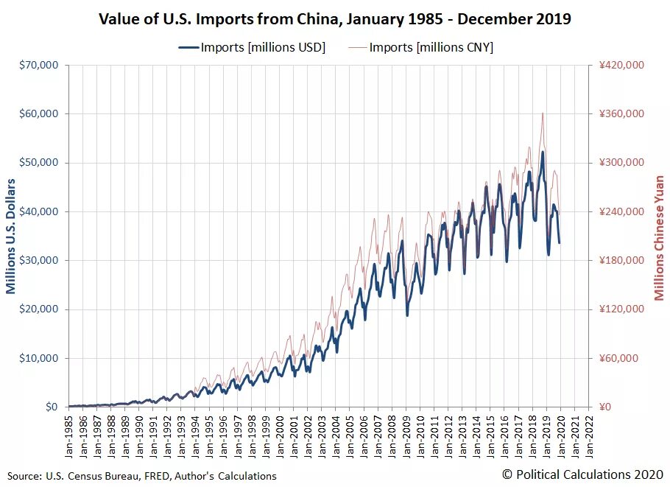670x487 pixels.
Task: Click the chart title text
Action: [x=335, y=19]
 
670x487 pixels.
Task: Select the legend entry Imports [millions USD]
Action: [x=252, y=47]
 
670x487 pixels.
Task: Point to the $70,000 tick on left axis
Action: [x=39, y=65]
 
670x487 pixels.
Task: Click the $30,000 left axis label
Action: [x=39, y=260]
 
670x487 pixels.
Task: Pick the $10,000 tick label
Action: [x=39, y=358]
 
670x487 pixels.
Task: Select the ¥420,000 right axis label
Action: [x=622, y=65]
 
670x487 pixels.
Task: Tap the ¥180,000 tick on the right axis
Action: [x=622, y=260]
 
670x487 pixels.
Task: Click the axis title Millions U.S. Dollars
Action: [x=12, y=236]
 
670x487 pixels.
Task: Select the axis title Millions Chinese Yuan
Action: [x=659, y=237]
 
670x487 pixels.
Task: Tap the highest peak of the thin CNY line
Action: [x=543, y=113]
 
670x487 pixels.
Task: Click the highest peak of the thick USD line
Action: [x=543, y=152]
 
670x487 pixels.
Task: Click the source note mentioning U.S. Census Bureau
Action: [x=142, y=476]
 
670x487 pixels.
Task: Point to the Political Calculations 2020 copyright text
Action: [x=582, y=474]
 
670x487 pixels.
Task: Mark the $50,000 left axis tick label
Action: [x=39, y=162]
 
